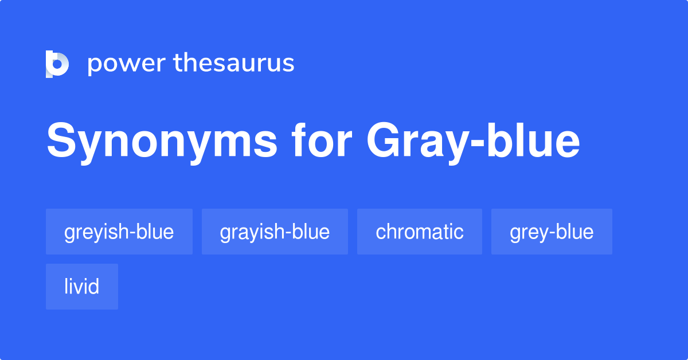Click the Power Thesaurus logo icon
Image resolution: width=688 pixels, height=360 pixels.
click(x=57, y=64)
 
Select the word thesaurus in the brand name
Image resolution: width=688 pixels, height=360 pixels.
click(x=234, y=63)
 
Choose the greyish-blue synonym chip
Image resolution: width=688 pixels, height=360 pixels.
click(x=119, y=232)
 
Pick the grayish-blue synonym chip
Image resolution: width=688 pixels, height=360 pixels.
click(x=275, y=232)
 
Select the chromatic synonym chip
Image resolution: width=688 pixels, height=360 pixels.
click(x=420, y=232)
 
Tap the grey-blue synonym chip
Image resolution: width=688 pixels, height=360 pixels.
click(x=552, y=232)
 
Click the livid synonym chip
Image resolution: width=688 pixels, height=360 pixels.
click(x=82, y=287)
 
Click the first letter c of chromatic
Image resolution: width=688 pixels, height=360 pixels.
click(x=380, y=233)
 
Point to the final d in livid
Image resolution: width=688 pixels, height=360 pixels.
click(x=95, y=287)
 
